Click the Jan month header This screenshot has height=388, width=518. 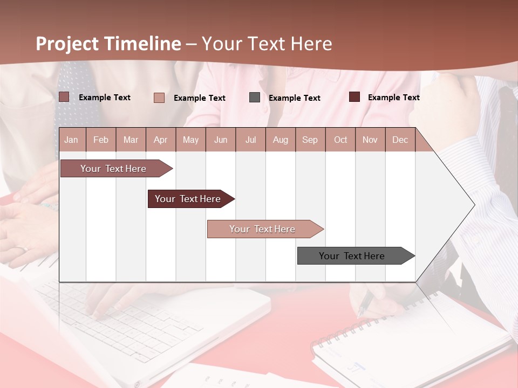pos(71,140)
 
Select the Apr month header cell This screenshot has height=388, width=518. pos(160,140)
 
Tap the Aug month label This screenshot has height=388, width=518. pos(280,140)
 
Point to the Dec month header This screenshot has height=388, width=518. pos(400,140)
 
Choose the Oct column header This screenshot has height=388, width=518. pos(340,140)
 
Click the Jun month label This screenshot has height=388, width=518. pos(220,140)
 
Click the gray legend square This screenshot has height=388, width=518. pos(255,98)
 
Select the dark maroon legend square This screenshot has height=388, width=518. pos(354,97)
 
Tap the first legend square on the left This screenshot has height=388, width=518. pos(64,97)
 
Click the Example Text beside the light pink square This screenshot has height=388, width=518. pos(199,98)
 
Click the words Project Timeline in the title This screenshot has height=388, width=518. pos(108,44)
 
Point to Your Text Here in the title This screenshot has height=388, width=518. pos(267,44)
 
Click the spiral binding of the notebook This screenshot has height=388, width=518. pos(345,331)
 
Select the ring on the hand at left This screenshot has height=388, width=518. pos(22,249)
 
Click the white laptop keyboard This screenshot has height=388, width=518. pos(135,323)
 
